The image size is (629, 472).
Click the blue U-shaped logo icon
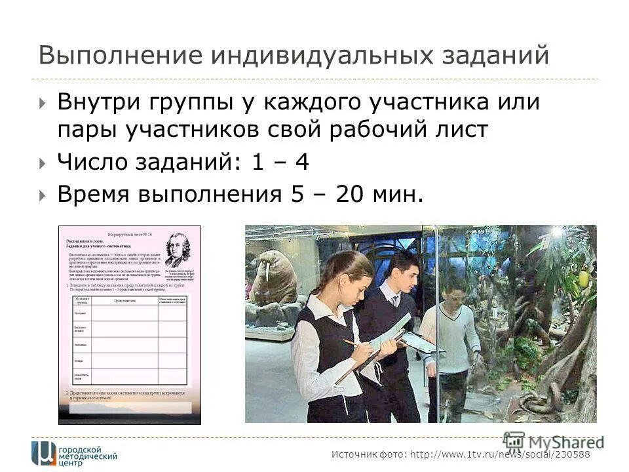(x=44, y=453)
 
